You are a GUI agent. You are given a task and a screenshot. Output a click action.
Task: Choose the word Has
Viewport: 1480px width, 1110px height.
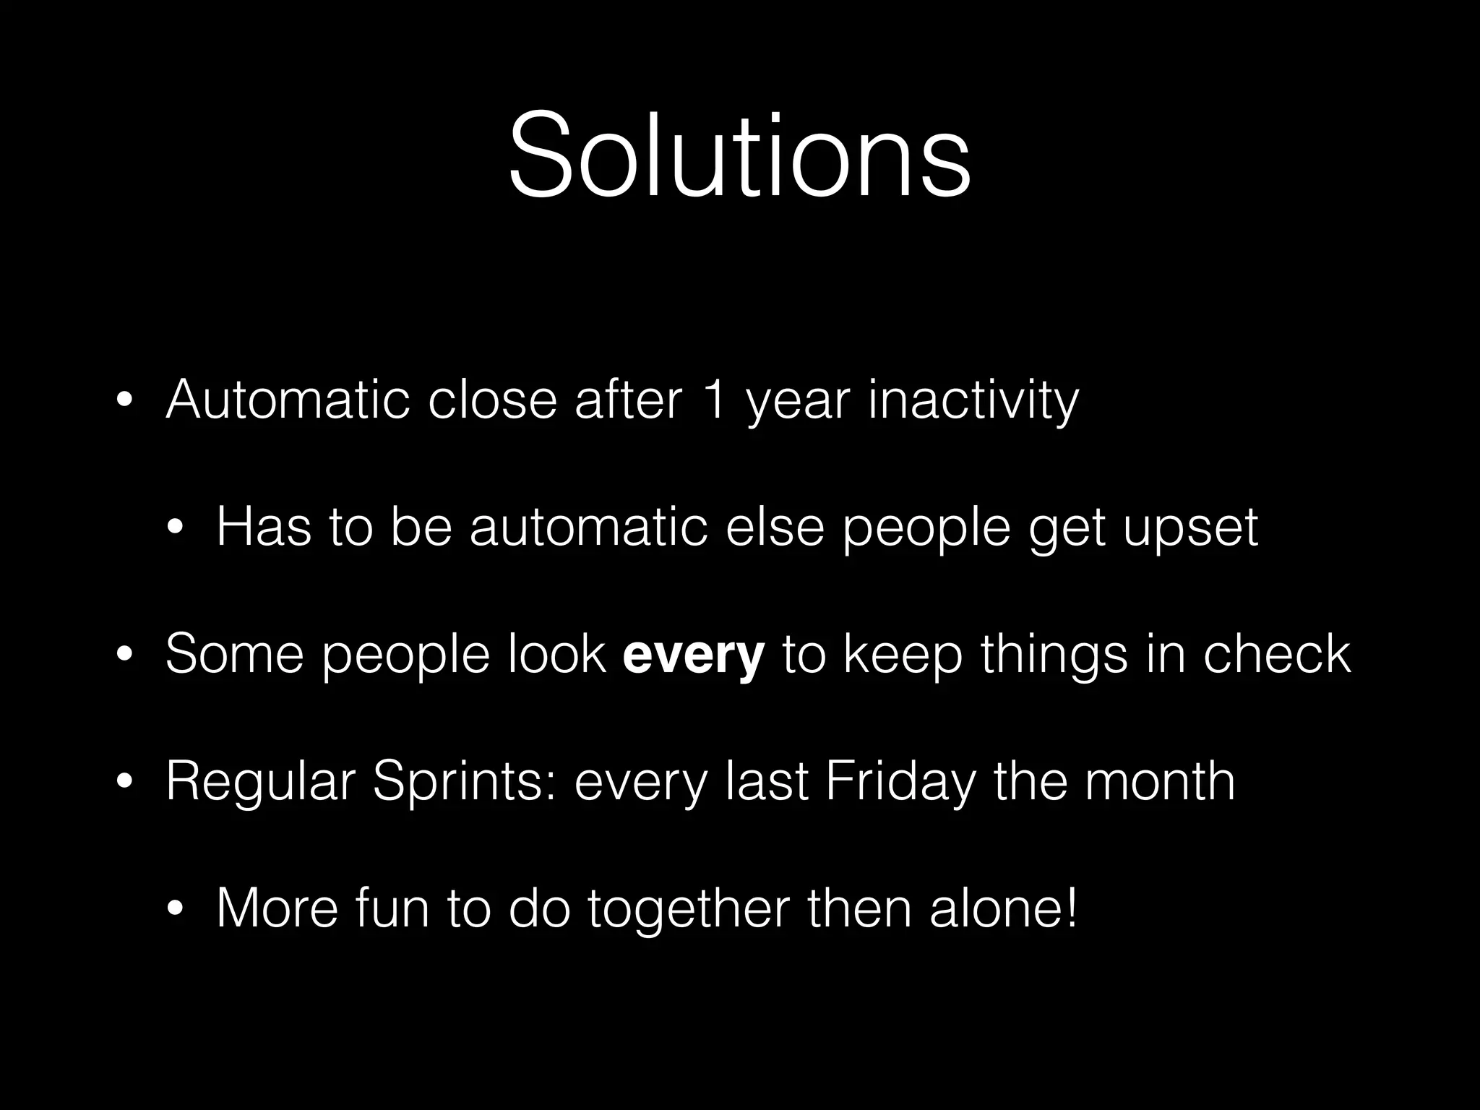[264, 527]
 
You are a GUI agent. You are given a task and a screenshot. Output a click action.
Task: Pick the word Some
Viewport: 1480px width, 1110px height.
[235, 654]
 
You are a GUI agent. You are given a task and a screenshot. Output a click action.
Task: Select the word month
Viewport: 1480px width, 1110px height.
[1160, 781]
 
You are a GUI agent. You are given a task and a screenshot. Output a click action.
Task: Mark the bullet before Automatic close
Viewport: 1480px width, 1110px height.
[124, 401]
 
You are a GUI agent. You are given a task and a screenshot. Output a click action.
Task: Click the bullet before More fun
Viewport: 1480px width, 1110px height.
[175, 910]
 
